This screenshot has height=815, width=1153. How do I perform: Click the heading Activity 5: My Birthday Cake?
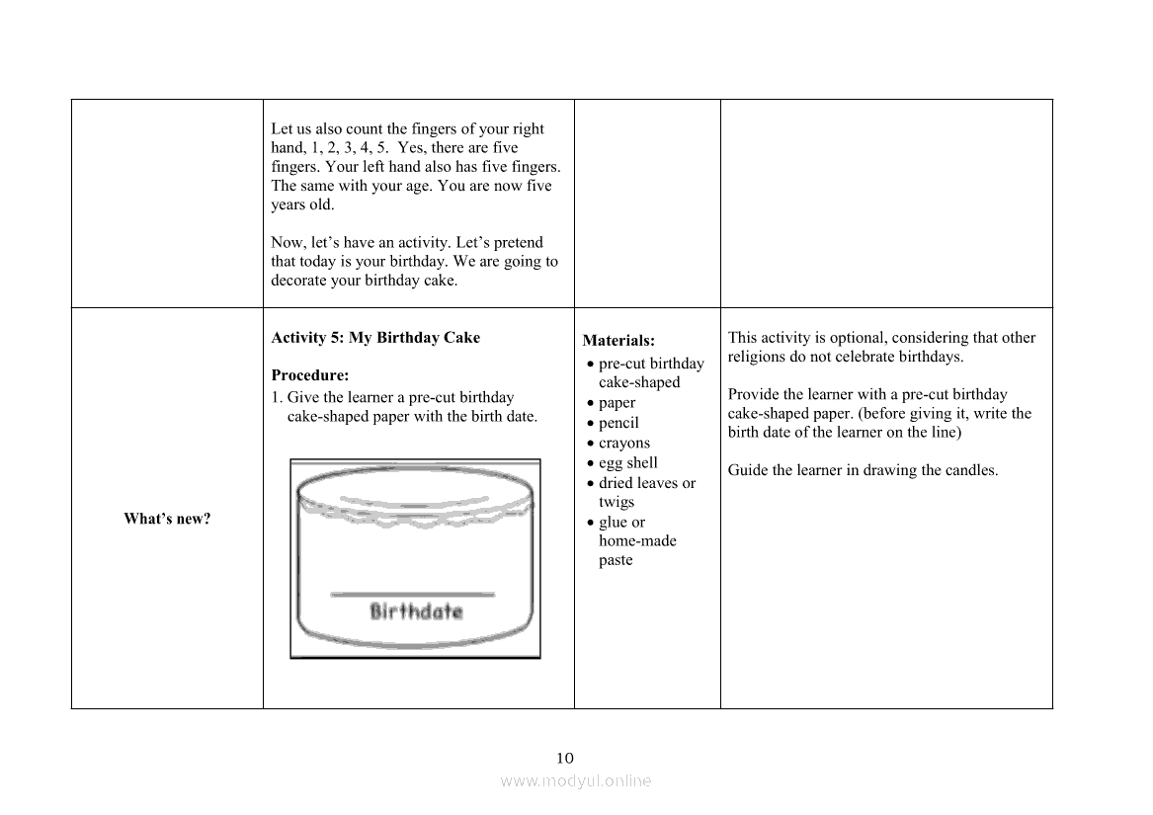(x=375, y=338)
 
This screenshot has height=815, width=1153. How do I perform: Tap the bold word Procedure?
(x=310, y=375)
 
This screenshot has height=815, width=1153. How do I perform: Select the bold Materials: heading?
(x=618, y=341)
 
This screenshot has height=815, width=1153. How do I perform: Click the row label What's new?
(x=167, y=519)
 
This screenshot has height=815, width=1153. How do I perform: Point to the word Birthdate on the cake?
(x=416, y=611)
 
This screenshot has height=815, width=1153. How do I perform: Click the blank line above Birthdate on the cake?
(x=412, y=594)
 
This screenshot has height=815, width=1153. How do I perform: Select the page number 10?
(x=564, y=759)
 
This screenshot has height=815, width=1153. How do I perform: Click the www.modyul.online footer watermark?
(x=576, y=780)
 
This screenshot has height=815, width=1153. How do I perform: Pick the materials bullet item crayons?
(x=624, y=443)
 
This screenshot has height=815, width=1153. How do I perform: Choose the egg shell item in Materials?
(x=627, y=462)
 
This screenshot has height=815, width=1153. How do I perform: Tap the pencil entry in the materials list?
(x=618, y=423)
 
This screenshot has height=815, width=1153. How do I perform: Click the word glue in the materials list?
(x=613, y=522)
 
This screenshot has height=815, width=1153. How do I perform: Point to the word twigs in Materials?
(x=617, y=502)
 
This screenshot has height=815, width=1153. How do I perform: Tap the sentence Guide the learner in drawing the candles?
(x=863, y=470)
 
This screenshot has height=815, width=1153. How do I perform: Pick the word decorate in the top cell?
(x=299, y=281)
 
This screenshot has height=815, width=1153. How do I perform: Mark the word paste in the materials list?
(x=616, y=560)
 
